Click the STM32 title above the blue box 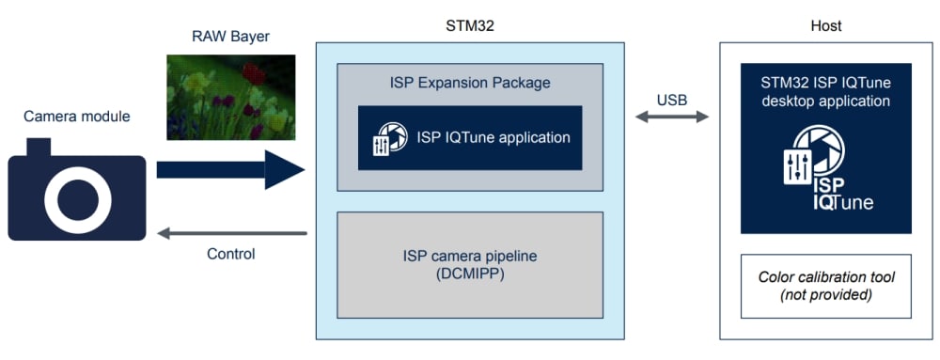pos(470,25)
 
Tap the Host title pos(825,25)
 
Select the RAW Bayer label pos(230,37)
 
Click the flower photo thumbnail pos(231,98)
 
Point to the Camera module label pos(77,117)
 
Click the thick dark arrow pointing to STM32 pos(231,169)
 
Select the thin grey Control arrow pos(232,233)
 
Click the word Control pos(231,254)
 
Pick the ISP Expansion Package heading pos(469,82)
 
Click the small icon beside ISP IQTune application pos(390,139)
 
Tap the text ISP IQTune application pos(493,137)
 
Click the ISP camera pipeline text pos(470,257)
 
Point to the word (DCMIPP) pos(470,275)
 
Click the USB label pos(671,99)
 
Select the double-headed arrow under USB pos(672,117)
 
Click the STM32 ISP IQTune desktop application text pos(825,90)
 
